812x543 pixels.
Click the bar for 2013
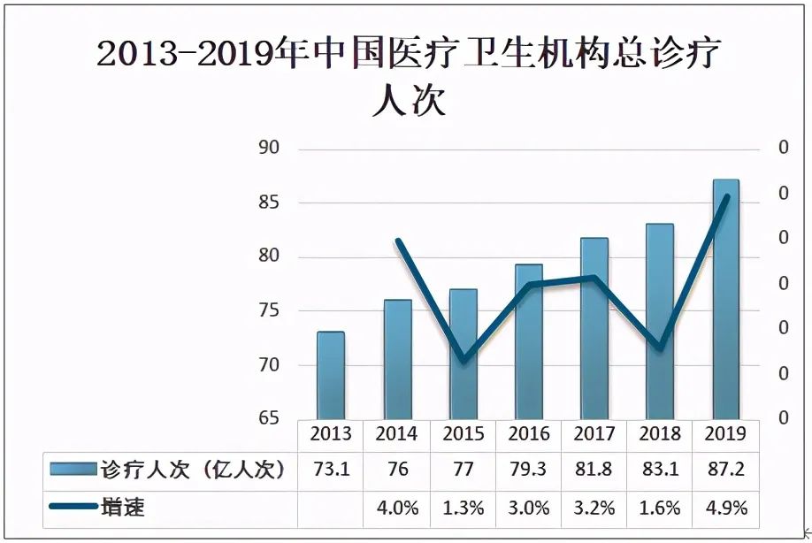coord(331,375)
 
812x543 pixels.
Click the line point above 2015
coord(463,359)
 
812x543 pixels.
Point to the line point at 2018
coord(660,346)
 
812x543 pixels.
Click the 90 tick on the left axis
coord(268,148)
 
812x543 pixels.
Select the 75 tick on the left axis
coord(268,310)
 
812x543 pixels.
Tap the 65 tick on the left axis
coord(268,418)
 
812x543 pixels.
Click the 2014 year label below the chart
coord(396,433)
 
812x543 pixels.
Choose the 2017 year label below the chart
coord(594,433)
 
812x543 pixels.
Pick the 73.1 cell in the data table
coord(331,470)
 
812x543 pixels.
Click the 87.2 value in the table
coord(726,470)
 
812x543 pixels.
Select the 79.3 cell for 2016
coord(529,470)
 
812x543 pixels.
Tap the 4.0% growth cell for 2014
coord(396,508)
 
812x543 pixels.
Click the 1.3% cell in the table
coord(463,508)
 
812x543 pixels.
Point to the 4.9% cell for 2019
coord(726,508)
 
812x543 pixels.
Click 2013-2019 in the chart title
coord(195,55)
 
